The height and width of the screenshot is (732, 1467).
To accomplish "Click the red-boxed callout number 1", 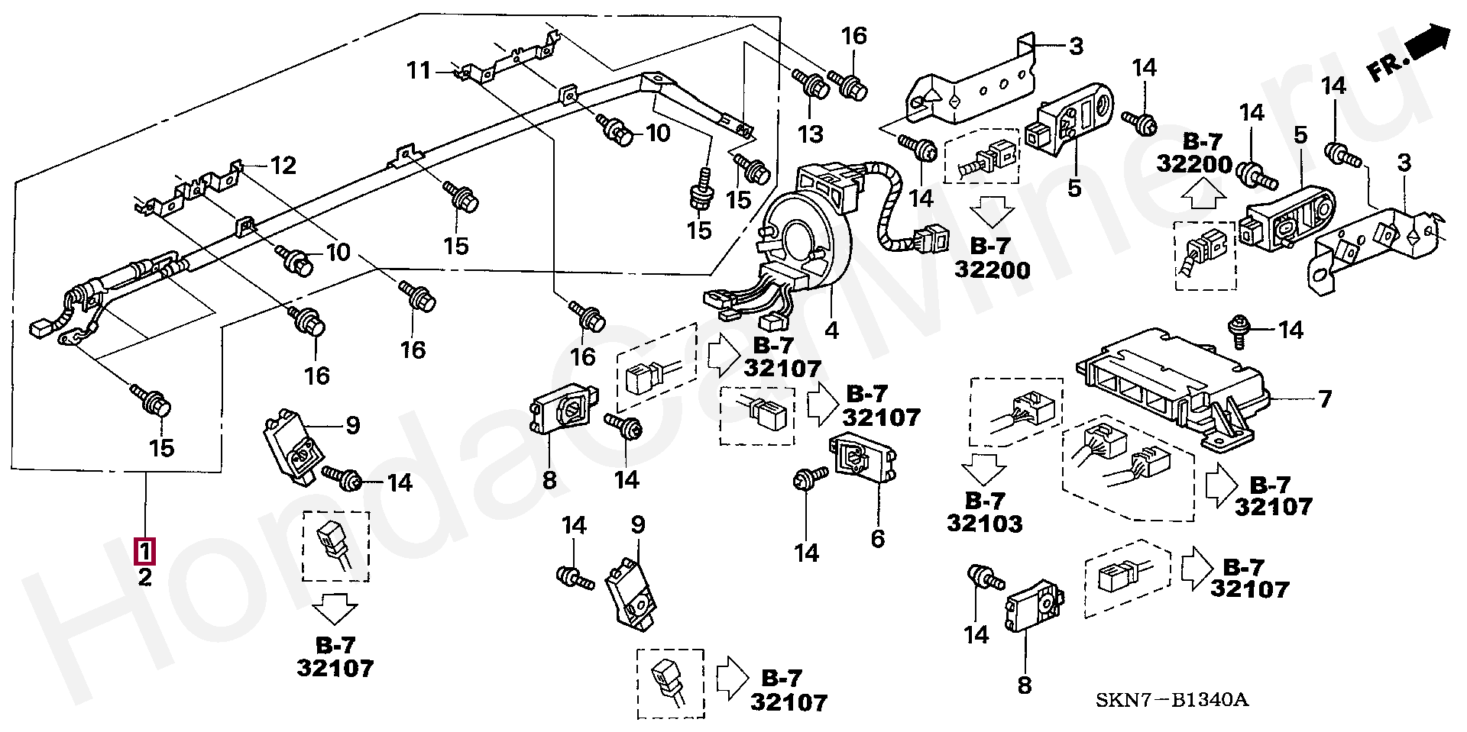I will click(145, 550).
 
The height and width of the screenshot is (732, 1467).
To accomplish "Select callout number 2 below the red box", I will click(145, 577).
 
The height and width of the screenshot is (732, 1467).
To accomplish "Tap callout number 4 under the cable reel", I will click(832, 331).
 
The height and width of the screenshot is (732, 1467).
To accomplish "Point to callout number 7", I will click(1325, 398).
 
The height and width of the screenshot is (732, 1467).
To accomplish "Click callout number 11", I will click(419, 71).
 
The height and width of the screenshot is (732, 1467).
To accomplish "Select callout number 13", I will click(811, 134).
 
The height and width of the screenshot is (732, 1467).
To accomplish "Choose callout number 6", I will click(878, 539).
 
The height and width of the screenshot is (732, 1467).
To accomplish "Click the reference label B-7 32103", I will click(984, 511).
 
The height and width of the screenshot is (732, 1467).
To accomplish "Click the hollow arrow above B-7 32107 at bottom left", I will click(335, 612).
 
